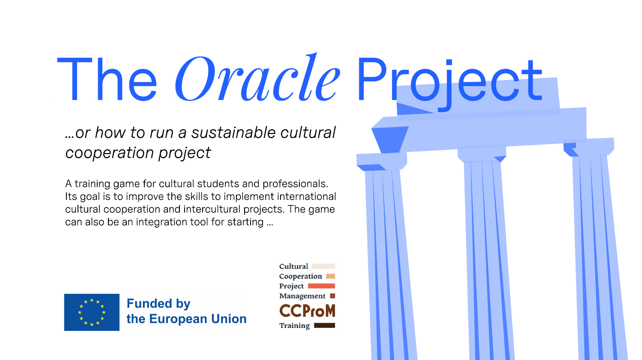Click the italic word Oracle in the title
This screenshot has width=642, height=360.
click(257, 77)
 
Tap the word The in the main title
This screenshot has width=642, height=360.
click(107, 79)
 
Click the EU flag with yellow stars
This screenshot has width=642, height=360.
click(92, 312)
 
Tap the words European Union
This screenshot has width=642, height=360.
click(198, 319)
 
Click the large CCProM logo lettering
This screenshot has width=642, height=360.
click(307, 311)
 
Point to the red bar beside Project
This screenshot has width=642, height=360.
click(321, 286)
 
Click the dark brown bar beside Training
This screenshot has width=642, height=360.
click(325, 325)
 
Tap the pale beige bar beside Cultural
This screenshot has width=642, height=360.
click(324, 266)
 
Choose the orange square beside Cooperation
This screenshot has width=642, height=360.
click(331, 276)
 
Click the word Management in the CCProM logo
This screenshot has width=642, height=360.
click(302, 296)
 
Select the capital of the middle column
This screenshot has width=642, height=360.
click(482, 154)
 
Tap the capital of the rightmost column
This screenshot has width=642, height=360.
click(589, 147)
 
